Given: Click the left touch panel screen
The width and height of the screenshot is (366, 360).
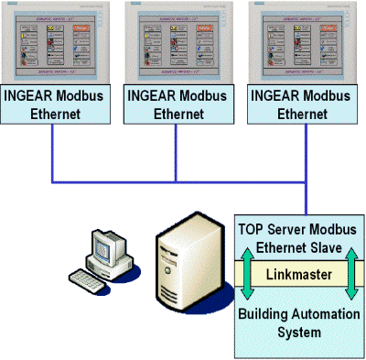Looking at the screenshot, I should [x=52, y=43].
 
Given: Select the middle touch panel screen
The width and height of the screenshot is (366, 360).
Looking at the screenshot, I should [x=178, y=43].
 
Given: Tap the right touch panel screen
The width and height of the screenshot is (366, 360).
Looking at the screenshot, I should [x=302, y=43].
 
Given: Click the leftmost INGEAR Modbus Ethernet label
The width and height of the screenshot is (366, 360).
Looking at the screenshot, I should [x=52, y=104].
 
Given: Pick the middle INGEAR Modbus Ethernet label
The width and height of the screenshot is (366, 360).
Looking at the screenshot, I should [x=178, y=104].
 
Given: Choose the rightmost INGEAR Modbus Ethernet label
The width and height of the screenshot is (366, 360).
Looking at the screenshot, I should [x=302, y=104].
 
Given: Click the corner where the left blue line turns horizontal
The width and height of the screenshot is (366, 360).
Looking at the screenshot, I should [x=53, y=179].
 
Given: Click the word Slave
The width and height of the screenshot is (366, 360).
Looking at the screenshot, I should [x=324, y=246].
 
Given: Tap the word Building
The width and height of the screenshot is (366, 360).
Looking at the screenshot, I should [x=266, y=313].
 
